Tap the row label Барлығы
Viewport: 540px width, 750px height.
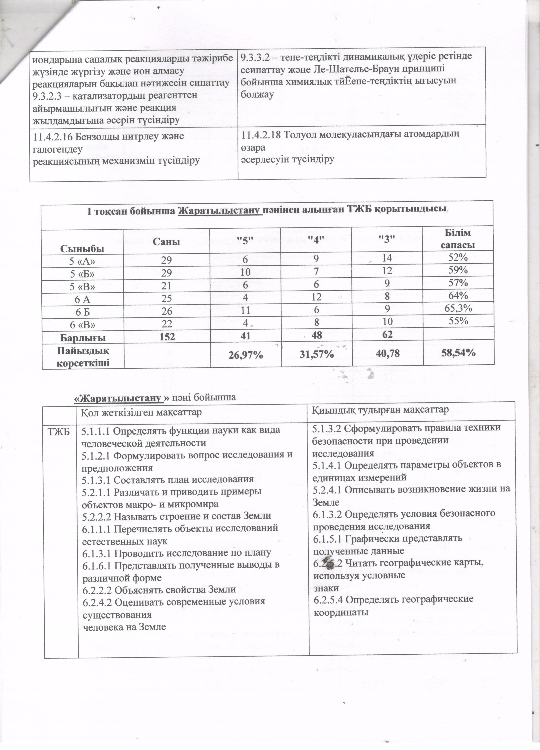(x=83, y=337)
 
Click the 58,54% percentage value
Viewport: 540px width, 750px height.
(x=458, y=353)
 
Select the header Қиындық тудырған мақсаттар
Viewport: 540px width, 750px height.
(x=380, y=409)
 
